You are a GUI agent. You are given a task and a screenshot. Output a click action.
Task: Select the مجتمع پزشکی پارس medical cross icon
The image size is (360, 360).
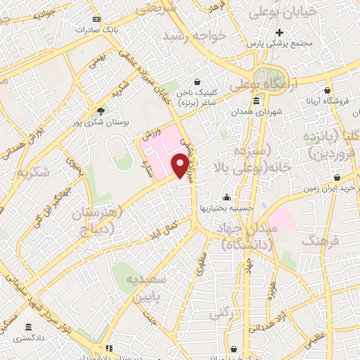coord(280,33)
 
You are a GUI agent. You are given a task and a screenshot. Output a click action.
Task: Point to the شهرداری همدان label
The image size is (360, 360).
coord(257,112)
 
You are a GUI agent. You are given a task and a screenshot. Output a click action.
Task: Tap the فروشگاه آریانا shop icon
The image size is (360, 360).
coord(328,91)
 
